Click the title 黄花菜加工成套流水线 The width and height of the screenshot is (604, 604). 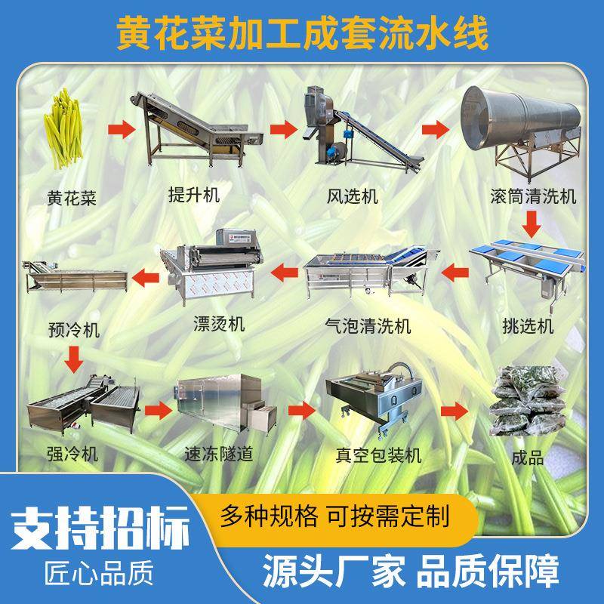pyautogui.click(x=302, y=32)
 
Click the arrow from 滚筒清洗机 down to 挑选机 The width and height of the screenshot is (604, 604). pyautogui.click(x=534, y=223)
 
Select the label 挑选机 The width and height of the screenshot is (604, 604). pyautogui.click(x=528, y=325)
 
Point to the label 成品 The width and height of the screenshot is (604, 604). pyautogui.click(x=527, y=458)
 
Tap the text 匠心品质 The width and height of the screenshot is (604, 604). pyautogui.click(x=96, y=571)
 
